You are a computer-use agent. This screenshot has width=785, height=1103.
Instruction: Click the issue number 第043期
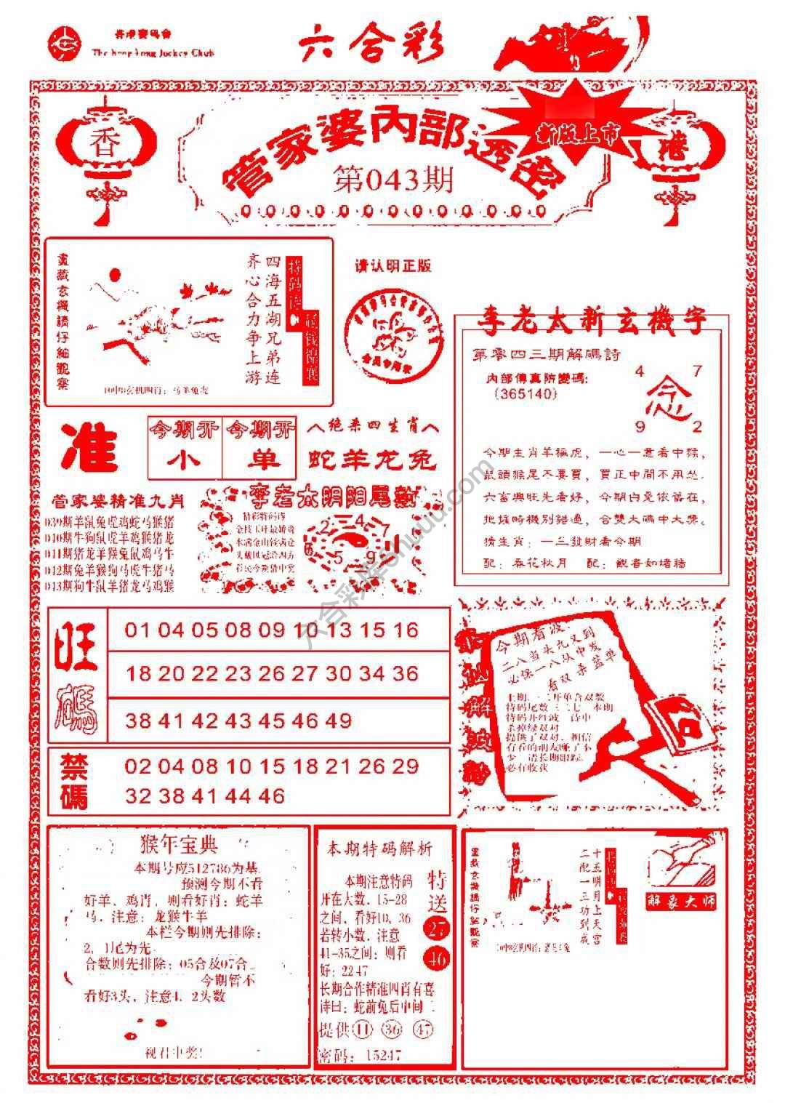coord(393,179)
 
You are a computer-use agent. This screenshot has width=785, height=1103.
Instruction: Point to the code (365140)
coord(524,393)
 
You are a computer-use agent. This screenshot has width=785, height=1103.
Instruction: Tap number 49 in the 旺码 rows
coord(339,721)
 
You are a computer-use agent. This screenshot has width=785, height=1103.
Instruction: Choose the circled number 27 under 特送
coord(438,928)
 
